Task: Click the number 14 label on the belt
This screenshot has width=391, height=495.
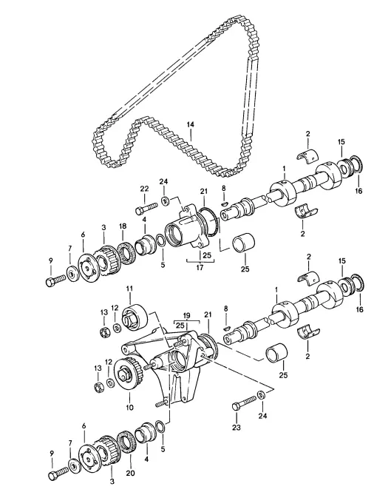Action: coord(190,124)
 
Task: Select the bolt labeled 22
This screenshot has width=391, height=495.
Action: coord(146,208)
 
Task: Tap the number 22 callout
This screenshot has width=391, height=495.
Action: coord(144,189)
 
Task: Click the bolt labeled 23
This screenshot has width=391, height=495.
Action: coord(244,403)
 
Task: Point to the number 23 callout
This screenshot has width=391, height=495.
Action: coord(237,427)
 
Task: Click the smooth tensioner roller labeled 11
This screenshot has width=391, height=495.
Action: coord(135,317)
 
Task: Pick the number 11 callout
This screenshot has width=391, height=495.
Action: coord(129,289)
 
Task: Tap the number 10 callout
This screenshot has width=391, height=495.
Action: coord(129,407)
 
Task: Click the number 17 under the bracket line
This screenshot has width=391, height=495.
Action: coord(200,267)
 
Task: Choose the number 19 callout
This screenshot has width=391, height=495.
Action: coord(187,315)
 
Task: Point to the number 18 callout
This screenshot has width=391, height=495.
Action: coord(123,226)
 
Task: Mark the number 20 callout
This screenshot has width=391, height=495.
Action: coord(130,473)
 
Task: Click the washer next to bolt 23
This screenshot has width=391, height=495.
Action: coord(261,394)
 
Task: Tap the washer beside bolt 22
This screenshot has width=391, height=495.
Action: coord(164,201)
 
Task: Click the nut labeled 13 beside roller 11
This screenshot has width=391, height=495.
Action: coord(104,332)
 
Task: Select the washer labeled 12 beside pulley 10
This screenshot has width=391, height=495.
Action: coord(110,383)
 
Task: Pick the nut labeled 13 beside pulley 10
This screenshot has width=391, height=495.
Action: coord(100,388)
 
